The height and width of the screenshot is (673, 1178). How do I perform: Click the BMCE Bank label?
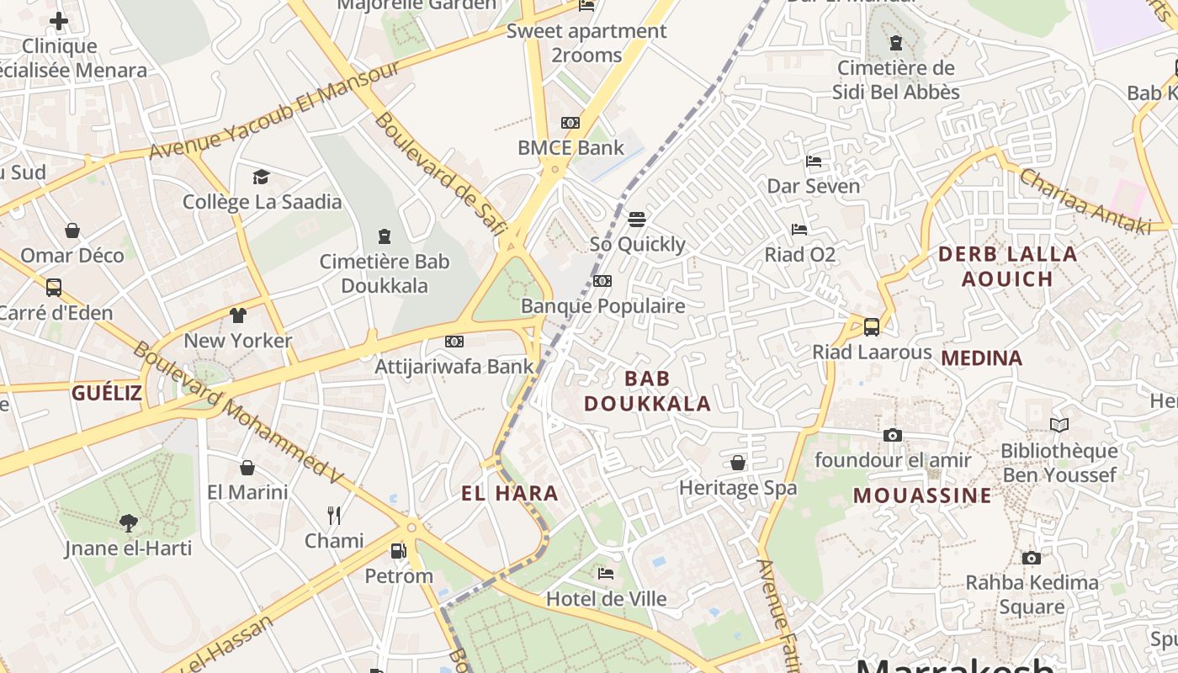click(570, 148)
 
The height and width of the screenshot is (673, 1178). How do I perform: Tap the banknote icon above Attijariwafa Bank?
click(454, 342)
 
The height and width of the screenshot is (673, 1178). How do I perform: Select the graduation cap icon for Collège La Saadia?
click(262, 177)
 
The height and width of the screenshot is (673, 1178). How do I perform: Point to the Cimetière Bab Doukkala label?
click(385, 273)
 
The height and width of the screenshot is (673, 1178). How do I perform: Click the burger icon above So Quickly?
click(637, 220)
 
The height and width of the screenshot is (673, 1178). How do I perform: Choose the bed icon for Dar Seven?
click(814, 161)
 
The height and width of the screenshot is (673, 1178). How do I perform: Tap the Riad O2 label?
click(799, 253)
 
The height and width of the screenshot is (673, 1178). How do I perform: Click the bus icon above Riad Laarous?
click(872, 326)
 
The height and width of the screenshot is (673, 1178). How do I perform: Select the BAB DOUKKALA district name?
click(647, 391)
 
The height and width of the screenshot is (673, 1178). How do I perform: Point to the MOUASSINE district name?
click(922, 495)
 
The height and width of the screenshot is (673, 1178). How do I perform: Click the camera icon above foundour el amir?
click(893, 435)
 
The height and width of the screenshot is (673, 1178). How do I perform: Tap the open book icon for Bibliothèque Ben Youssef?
click(1059, 426)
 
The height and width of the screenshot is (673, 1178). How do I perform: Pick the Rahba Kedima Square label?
click(1032, 594)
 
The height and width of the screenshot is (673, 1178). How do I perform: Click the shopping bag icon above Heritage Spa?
click(738, 463)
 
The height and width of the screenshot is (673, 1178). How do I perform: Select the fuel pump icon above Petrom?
click(399, 551)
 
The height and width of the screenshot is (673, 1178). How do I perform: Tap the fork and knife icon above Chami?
click(334, 515)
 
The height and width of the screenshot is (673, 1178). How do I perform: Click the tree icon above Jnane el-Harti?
click(129, 523)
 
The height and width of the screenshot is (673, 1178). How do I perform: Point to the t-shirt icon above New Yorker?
click(238, 315)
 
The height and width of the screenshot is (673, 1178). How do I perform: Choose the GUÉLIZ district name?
click(106, 392)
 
